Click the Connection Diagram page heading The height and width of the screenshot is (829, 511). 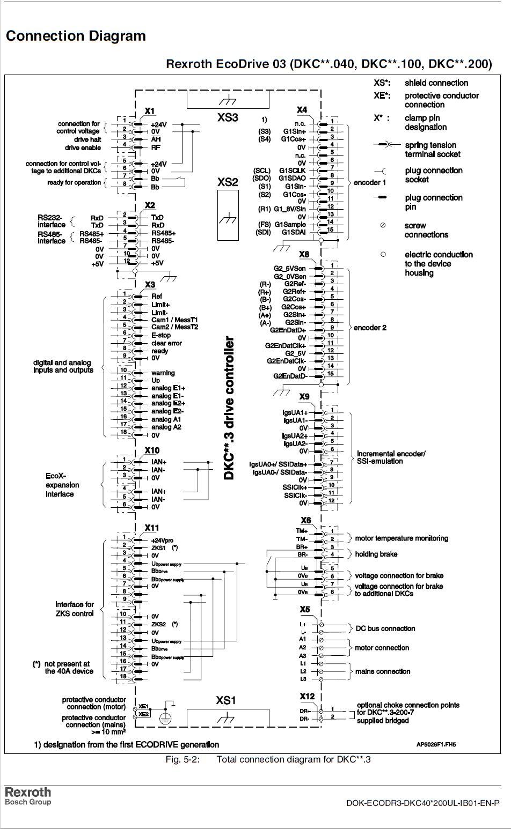point(75,36)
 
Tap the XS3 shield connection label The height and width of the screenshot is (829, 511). point(228,117)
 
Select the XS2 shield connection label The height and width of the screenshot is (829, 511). point(228,182)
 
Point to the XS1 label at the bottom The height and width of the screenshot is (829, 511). point(226,700)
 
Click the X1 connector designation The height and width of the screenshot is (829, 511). point(150,111)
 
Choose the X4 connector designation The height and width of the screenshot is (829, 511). point(302,110)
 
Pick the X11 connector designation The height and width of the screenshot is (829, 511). point(152,528)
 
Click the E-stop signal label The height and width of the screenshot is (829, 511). point(161,335)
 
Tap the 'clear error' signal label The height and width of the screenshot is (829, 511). point(166,343)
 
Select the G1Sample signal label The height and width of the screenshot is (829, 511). point(290,225)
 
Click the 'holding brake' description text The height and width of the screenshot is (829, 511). point(376,554)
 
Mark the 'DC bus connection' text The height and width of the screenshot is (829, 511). point(385,628)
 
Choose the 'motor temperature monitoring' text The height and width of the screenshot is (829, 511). point(401,538)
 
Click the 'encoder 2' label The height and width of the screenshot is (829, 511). point(370,328)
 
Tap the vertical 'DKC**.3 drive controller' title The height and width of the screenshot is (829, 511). point(229,408)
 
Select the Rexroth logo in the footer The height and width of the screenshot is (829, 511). point(28,792)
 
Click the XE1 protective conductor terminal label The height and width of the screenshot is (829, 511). point(143,707)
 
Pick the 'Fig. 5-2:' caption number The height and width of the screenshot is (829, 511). point(182,759)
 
